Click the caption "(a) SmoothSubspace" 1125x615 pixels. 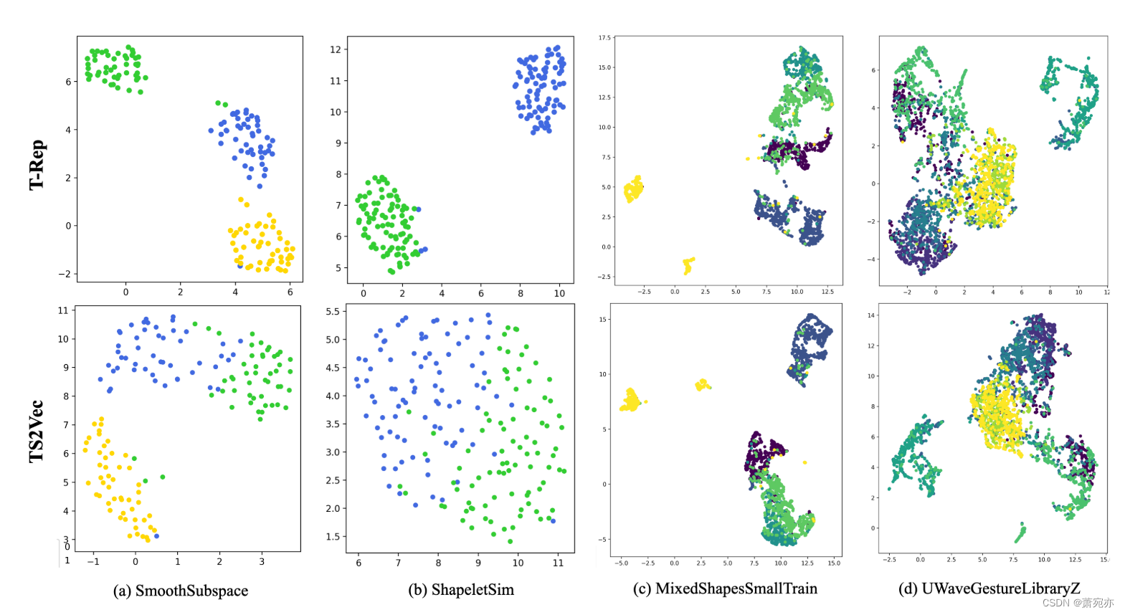pyautogui.click(x=180, y=591)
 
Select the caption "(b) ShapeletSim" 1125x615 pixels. pyautogui.click(x=461, y=590)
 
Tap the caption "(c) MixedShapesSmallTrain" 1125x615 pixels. pyautogui.click(x=725, y=588)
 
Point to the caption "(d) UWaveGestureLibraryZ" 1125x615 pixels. pyautogui.click(x=989, y=588)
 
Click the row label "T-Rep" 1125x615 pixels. pyautogui.click(x=37, y=165)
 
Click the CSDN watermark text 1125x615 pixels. pyautogui.click(x=1077, y=603)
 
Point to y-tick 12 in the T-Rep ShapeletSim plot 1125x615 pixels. pyautogui.click(x=336, y=49)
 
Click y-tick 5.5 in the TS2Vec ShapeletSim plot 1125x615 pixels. pyautogui.click(x=333, y=312)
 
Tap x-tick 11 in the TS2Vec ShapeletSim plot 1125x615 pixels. pyautogui.click(x=558, y=563)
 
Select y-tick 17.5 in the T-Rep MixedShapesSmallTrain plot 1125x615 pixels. pyautogui.click(x=604, y=38)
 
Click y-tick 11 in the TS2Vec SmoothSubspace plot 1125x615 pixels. pyautogui.click(x=63, y=310)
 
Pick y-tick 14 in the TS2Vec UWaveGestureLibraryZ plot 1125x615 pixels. pyautogui.click(x=871, y=315)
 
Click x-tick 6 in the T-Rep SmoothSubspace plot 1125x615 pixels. pyautogui.click(x=290, y=292)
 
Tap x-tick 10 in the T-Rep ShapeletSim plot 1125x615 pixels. pyautogui.click(x=559, y=293)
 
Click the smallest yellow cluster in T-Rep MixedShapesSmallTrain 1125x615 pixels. pyautogui.click(x=688, y=265)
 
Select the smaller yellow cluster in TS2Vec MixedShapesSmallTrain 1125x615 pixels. pyautogui.click(x=702, y=385)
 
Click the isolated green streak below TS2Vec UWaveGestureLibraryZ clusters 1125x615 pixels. pyautogui.click(x=1020, y=533)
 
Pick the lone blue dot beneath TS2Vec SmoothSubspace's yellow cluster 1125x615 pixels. pyautogui.click(x=156, y=536)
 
